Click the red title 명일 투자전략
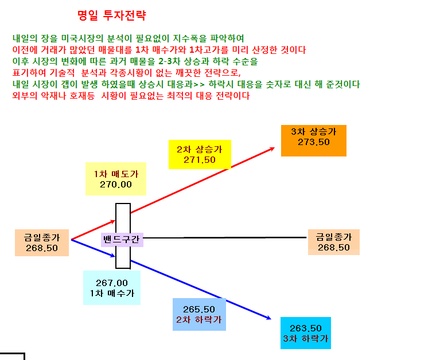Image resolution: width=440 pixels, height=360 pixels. point(112,15)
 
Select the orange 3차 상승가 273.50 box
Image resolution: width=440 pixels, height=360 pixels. point(314,141)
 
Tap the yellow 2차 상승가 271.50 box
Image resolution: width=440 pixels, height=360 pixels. point(200,154)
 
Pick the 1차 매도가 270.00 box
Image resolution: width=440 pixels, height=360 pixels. point(116,179)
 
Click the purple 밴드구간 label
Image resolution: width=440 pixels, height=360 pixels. point(122,240)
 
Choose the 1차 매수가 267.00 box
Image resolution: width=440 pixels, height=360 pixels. point(112,288)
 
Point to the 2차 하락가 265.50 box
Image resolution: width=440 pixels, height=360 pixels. point(199,314)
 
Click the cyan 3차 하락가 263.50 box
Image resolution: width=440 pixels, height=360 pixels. point(306,333)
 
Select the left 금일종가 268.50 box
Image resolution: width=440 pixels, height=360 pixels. point(42,243)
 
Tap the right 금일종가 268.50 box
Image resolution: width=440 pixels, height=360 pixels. point(334,242)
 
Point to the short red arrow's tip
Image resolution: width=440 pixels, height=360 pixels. point(115,221)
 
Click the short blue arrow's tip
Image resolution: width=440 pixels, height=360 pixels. point(115,256)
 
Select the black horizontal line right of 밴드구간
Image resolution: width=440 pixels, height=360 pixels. point(225,238)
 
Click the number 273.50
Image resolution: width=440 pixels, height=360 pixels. point(314,142)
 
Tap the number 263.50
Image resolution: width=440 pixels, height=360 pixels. point(306,328)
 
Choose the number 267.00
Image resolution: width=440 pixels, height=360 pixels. point(112,283)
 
